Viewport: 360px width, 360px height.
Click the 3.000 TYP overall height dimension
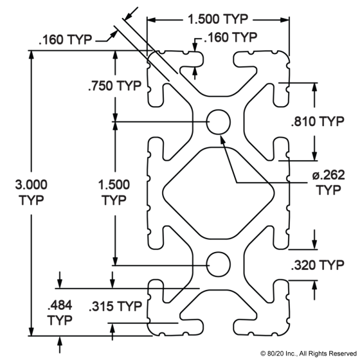click(32, 192)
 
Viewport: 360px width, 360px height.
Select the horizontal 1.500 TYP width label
click(218, 19)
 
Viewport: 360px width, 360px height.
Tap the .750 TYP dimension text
click(114, 85)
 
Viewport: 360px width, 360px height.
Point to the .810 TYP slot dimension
click(318, 122)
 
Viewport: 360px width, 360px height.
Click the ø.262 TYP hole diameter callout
click(328, 183)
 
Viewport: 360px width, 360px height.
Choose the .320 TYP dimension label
click(318, 265)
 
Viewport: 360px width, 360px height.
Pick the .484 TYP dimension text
click(60, 312)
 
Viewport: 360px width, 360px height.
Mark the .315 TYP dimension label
click(115, 306)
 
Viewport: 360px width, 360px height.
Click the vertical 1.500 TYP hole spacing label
click(114, 192)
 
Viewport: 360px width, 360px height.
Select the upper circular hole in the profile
click(219, 122)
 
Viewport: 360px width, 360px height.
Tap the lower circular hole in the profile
click(219, 264)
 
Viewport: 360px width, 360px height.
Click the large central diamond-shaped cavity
click(219, 193)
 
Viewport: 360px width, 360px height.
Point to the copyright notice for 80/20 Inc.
click(309, 354)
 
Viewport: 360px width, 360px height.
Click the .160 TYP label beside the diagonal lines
click(65, 39)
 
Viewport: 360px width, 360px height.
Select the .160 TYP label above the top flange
click(230, 37)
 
